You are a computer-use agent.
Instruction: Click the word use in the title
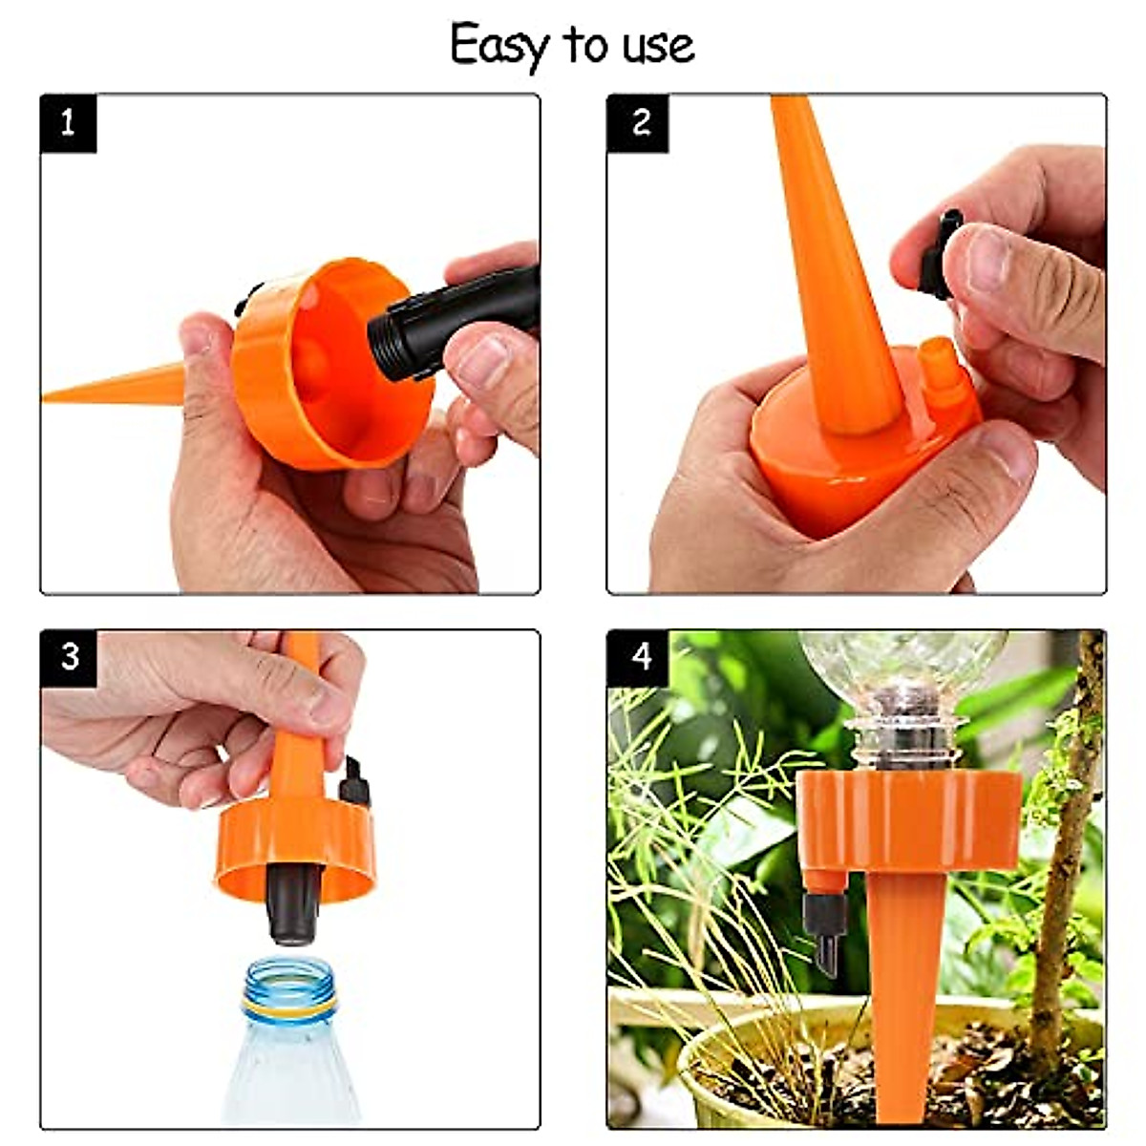659,46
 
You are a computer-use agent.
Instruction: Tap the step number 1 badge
68,123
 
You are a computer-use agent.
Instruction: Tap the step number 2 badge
638,123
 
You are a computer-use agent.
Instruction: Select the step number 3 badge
69,658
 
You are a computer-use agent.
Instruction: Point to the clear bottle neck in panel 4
902,735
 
